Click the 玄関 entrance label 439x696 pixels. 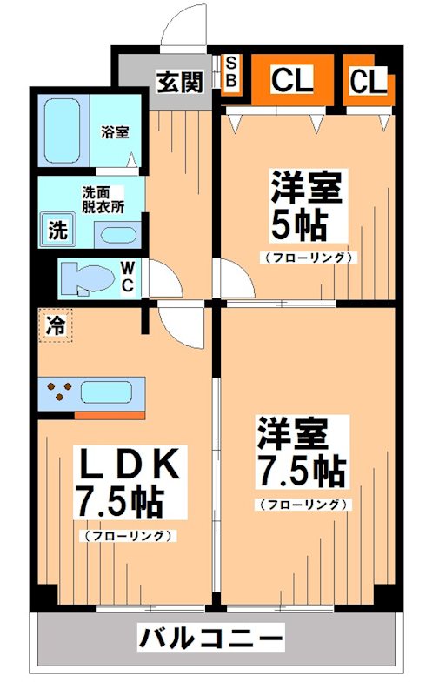point(180,82)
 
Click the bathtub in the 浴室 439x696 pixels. point(63,130)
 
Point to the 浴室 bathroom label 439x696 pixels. point(115,132)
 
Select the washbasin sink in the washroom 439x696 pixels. point(116,234)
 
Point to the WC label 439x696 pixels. point(127,278)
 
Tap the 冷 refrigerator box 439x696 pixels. point(55,325)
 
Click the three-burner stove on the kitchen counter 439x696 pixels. point(59,391)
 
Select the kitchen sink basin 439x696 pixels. point(106,391)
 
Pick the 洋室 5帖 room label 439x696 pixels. point(298,207)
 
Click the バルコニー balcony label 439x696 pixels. point(211,639)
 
